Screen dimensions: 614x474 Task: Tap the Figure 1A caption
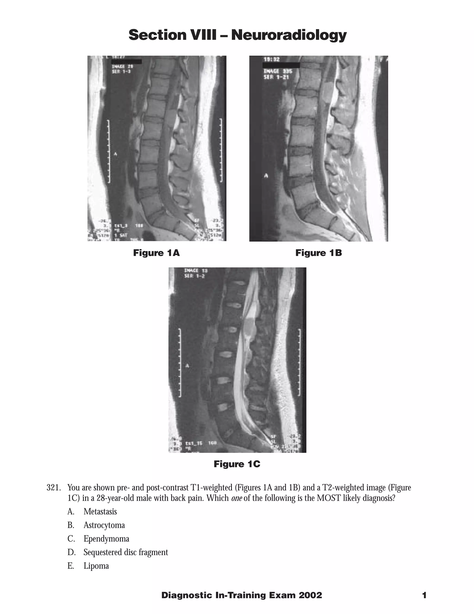(x=156, y=253)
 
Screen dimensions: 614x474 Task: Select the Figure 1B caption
(x=318, y=253)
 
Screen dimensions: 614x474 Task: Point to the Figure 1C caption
(x=237, y=464)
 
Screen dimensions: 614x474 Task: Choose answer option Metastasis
(x=100, y=511)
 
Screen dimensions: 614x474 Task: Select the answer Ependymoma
(x=106, y=539)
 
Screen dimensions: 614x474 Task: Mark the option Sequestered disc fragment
(x=125, y=552)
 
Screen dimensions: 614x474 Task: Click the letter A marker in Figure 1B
(x=266, y=176)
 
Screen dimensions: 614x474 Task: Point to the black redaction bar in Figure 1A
(x=126, y=62)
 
